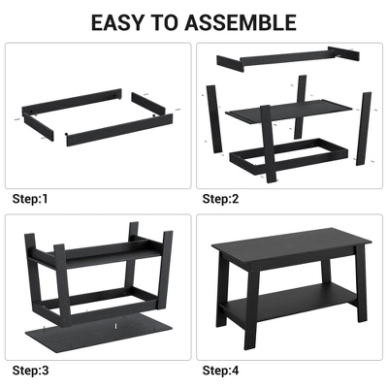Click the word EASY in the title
(x=124, y=20)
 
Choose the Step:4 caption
(x=221, y=371)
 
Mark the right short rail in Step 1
(x=153, y=105)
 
